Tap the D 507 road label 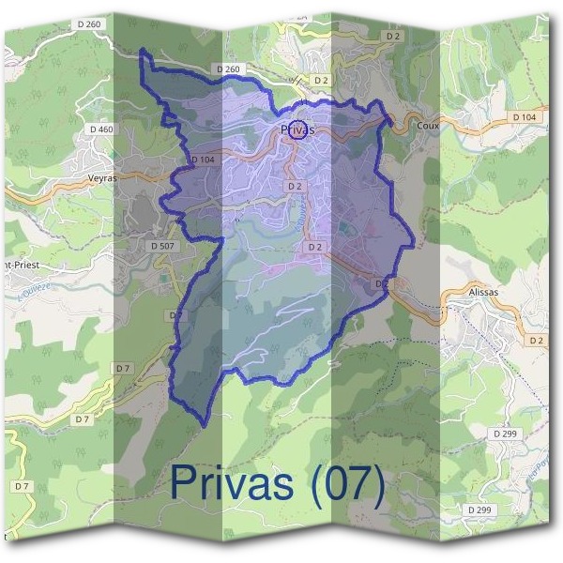click(162, 245)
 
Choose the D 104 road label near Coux click(524, 115)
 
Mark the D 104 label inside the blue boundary click(204, 160)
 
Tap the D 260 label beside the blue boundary click(228, 68)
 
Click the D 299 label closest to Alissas click(504, 434)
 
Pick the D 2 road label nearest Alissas click(536, 339)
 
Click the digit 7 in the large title click(361, 484)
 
